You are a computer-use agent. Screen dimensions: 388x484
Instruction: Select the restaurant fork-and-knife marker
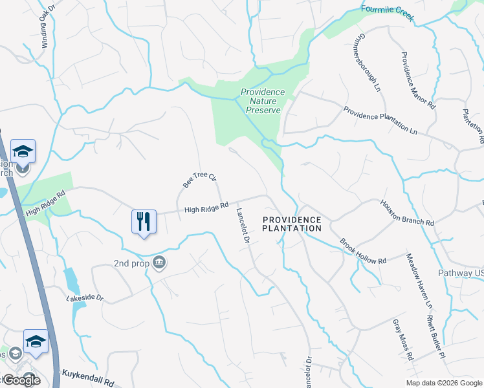pyautogui.click(x=144, y=221)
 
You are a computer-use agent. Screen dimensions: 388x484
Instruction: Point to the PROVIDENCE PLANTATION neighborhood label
pyautogui.click(x=292, y=224)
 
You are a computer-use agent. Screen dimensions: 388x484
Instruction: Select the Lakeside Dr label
pyautogui.click(x=85, y=297)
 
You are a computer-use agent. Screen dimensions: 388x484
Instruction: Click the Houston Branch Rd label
pyautogui.click(x=407, y=212)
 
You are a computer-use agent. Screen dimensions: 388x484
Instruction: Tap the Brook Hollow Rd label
pyautogui.click(x=363, y=252)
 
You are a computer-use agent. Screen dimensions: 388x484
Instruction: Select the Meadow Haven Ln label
pyautogui.click(x=419, y=280)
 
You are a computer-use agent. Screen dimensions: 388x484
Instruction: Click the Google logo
pyautogui.click(x=21, y=380)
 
